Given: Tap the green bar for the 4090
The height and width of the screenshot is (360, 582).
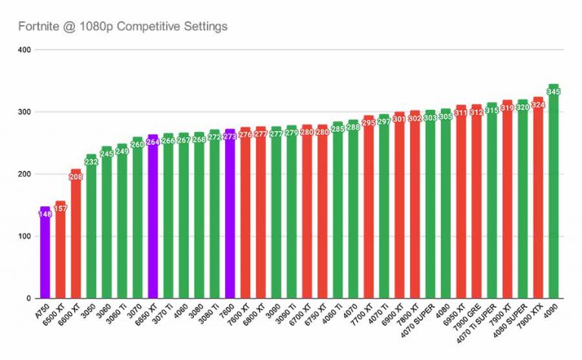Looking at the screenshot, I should tap(553, 197).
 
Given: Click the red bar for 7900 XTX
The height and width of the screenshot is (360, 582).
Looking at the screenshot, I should tap(538, 205).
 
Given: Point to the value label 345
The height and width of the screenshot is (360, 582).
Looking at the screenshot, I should tap(553, 92).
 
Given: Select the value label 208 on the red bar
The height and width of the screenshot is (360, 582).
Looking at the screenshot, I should tap(76, 177).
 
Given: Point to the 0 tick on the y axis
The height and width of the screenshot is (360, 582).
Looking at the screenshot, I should tap(27, 299).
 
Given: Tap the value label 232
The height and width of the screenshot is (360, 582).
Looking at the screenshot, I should tap(91, 161).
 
